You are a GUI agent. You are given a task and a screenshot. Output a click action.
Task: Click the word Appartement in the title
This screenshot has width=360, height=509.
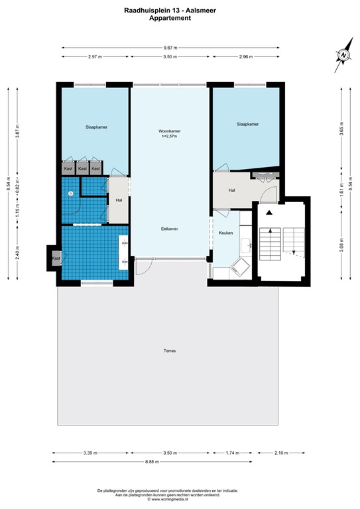point(170,19)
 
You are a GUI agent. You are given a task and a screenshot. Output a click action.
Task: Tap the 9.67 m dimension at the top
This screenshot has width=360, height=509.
point(170,48)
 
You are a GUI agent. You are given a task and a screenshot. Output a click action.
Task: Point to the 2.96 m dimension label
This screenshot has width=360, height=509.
point(247,57)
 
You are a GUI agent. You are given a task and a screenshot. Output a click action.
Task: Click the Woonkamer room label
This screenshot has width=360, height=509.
point(170,131)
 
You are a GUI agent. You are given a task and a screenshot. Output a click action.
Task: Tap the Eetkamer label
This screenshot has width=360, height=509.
point(170,229)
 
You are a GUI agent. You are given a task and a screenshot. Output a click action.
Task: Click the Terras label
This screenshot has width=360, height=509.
point(170,350)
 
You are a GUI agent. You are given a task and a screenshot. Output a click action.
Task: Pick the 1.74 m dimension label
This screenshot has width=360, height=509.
point(233,453)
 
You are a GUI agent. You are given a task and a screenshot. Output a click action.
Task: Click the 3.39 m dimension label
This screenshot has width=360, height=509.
point(90,453)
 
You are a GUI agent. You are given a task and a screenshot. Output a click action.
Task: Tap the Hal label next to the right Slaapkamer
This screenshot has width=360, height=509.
point(232,190)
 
